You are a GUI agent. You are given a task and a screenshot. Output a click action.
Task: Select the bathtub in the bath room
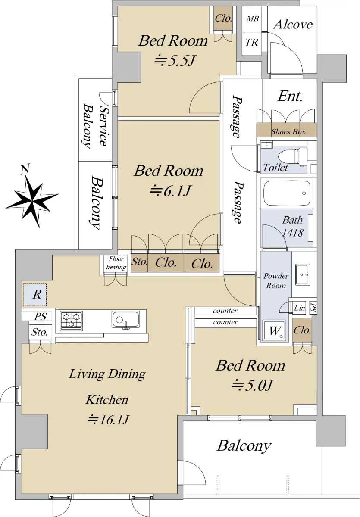287,193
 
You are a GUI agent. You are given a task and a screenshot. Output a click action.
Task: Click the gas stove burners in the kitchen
72,321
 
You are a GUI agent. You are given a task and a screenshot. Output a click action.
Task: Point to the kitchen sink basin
126,319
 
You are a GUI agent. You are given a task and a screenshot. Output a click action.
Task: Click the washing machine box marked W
275,330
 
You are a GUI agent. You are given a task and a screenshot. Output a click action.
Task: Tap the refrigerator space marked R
35,295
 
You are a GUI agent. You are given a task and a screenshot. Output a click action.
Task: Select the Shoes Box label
288,132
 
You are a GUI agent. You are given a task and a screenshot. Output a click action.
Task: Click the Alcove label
293,25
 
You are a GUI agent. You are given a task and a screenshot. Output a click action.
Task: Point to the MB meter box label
252,19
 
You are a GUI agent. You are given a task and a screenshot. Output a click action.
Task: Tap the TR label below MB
252,43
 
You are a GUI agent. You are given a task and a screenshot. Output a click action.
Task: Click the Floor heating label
116,263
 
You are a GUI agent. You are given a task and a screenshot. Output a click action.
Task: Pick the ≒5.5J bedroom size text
175,61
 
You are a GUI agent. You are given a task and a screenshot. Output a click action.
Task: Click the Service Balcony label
95,126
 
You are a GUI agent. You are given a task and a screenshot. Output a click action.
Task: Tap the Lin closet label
300,308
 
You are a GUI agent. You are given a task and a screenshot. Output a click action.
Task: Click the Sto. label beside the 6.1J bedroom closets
140,262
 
